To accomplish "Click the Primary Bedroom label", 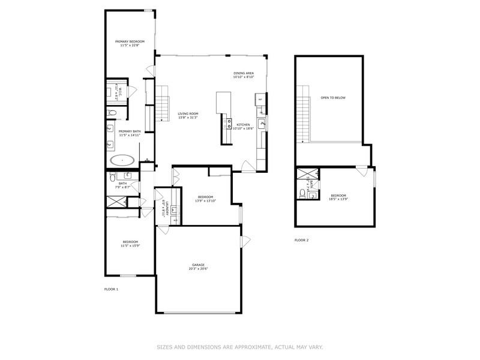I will (x=130, y=43).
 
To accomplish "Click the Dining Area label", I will (x=244, y=75).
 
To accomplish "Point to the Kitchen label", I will (x=242, y=126).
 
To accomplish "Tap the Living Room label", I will (x=188, y=115).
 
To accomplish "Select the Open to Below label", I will (x=333, y=97).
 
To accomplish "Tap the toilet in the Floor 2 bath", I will (x=302, y=193).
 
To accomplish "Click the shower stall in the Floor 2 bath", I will (x=302, y=175).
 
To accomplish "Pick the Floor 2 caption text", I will (x=301, y=240).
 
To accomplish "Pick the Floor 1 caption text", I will (x=112, y=289).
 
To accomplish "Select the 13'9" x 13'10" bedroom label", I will (x=205, y=199).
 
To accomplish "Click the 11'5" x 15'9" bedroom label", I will (x=130, y=243).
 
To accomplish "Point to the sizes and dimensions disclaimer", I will (x=240, y=347).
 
